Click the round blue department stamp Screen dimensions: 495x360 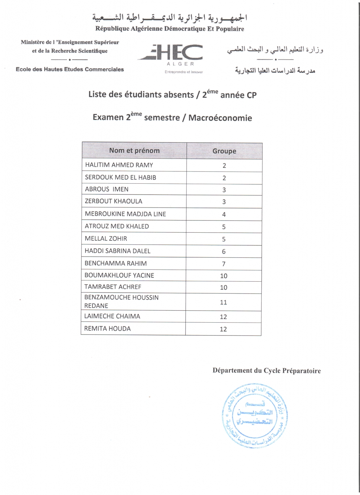pos(255,415)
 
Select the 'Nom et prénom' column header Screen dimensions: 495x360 pos(134,150)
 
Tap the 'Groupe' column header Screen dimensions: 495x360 pos(224,151)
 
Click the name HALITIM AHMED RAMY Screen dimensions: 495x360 pos(119,165)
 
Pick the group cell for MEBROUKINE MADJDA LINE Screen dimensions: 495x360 pos(224,215)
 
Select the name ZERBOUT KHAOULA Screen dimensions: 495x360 pos(113,201)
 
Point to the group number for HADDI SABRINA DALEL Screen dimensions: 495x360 pos(224,252)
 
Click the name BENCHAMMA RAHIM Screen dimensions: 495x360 pos(115,263)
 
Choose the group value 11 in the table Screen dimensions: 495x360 pos(223,302)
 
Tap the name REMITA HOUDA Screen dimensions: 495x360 pos(107,329)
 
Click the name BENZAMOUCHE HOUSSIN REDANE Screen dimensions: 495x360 pos(121,301)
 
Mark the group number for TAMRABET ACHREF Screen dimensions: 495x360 pos(224,287)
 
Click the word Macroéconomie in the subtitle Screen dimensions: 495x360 pos(220,118)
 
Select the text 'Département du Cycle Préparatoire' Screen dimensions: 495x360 pos(267,371)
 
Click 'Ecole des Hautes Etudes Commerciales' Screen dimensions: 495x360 pos(70,69)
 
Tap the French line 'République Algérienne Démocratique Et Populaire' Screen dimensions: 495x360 pos(170,29)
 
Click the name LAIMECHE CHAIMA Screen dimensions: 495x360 pos(112,316)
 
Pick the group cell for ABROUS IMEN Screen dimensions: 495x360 pos(224,190)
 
